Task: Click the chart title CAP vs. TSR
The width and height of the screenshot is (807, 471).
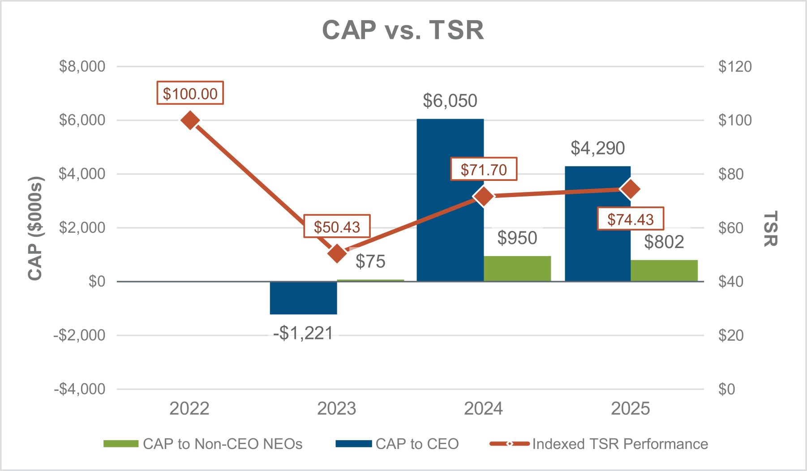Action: coord(403,30)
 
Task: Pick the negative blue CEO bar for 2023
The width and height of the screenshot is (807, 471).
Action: coord(303,298)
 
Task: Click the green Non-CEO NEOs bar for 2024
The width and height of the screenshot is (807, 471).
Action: coord(517,269)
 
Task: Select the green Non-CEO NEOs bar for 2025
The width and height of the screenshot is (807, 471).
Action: coord(664,270)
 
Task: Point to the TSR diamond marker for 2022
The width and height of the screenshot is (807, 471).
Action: coord(190,120)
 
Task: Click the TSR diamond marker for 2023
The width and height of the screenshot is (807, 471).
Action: coord(337,254)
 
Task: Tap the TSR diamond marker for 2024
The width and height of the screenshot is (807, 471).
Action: coord(484,197)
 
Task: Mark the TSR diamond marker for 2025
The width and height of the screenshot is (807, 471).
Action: coord(631,189)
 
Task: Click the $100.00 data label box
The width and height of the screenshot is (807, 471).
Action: coord(190,93)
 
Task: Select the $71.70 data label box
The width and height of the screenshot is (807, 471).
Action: coord(484,169)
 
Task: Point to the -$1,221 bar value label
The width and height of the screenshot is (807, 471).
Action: coord(303,333)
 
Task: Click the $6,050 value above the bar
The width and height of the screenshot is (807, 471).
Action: coord(450,101)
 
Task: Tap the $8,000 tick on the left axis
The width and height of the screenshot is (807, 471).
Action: coord(82,66)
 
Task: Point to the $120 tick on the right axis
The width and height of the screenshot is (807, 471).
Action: coord(734,66)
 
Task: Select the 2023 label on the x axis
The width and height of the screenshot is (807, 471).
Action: coord(337,408)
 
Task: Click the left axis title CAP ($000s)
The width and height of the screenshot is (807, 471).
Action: coord(34,228)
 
